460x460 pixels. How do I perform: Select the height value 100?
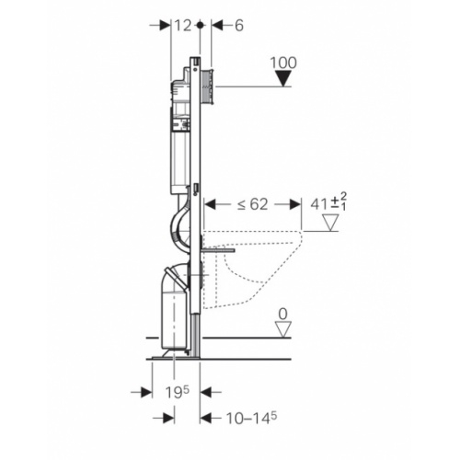point(286,64)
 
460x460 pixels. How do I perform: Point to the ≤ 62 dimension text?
point(251,204)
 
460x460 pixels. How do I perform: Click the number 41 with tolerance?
point(318,204)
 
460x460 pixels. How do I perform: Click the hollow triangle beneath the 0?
point(285,329)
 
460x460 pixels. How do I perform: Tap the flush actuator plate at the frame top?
point(211,82)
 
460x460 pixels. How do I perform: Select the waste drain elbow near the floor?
point(171,276)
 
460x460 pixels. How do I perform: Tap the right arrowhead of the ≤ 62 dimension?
point(296,204)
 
